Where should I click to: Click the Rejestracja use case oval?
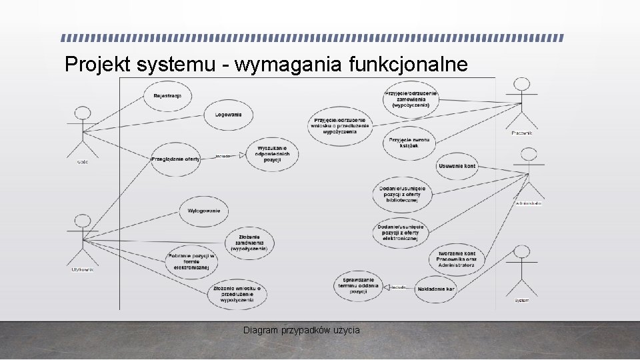pos(172,96)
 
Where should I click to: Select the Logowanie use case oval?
pos(228,115)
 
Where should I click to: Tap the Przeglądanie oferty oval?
pos(175,159)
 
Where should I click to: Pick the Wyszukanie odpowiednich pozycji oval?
pos(272,154)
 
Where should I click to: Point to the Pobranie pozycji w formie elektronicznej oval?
pos(192,262)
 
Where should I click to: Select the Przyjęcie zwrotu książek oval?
pos(410,142)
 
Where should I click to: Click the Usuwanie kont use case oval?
pos(457,166)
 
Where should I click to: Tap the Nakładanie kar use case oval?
pos(436,289)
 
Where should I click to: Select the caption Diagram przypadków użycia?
pos(301,330)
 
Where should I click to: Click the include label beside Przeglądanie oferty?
pos(223,157)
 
